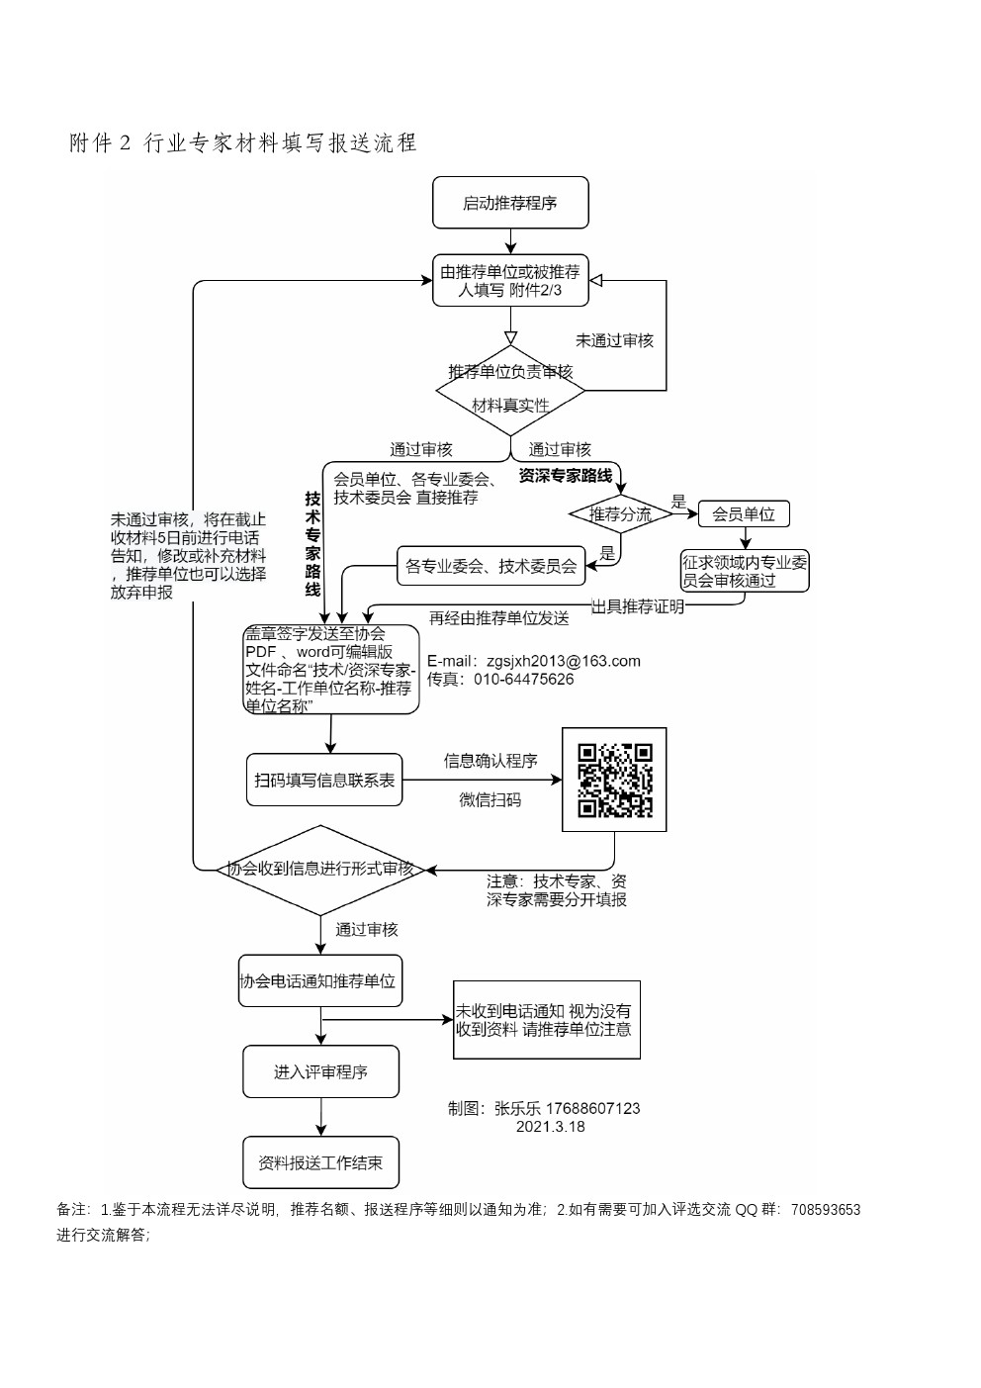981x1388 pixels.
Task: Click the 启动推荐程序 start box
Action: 510,203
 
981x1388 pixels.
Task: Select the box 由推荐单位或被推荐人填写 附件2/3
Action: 510,280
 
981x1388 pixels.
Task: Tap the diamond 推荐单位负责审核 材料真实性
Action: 510,390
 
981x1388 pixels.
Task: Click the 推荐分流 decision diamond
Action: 620,514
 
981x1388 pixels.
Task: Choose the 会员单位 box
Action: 744,514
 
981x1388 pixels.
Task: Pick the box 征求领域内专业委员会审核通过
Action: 745,572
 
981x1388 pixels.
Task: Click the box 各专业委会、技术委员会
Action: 490,567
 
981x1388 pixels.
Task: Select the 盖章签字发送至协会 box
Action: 330,670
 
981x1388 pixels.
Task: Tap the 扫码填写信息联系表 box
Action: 324,781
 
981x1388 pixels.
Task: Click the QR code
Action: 614,780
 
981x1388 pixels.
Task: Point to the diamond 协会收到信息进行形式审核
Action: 320,870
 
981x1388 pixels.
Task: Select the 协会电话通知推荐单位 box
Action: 320,981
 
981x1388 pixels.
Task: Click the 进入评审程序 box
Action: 320,1071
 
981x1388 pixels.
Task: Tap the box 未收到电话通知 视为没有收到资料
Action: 546,1020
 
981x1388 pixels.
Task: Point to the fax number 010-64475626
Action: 524,680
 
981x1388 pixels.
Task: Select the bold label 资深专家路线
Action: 566,476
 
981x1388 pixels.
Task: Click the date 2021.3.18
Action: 550,1127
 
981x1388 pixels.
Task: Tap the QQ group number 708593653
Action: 826,1210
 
